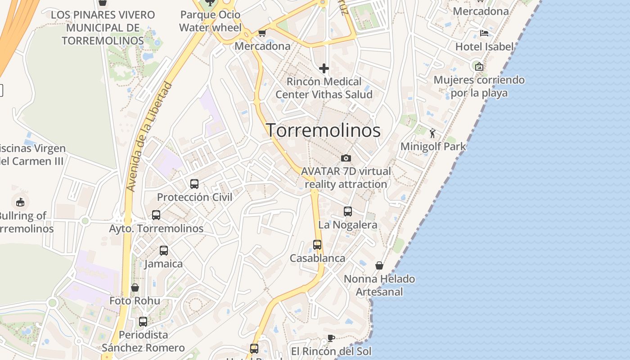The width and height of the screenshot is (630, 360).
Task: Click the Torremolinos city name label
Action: pos(324,130)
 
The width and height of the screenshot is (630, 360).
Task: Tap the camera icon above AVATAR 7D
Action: pos(346,158)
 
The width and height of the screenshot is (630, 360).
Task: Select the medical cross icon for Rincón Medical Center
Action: pos(324,68)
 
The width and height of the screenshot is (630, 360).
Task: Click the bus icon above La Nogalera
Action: pos(347,211)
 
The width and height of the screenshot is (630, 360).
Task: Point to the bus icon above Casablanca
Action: pos(317,245)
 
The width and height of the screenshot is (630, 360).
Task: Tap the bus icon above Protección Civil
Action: pos(194,184)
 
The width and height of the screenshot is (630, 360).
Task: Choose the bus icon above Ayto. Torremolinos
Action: pos(156,215)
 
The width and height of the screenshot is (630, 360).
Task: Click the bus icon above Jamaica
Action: pos(164,251)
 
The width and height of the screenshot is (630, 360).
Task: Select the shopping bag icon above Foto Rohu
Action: pos(135,288)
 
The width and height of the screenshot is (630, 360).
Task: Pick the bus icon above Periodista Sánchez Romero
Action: pos(143,322)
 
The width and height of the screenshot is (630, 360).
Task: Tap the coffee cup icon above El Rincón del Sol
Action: pos(331,338)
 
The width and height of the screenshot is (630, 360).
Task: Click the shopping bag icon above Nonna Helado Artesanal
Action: pos(379,265)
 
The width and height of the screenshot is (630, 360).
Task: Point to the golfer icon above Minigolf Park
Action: pos(432,133)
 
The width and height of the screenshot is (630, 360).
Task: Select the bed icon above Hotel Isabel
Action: pos(484,33)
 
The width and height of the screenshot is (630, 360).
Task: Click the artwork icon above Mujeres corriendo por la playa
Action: pos(479,67)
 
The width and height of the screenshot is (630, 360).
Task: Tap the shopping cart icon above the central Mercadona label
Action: pos(262,33)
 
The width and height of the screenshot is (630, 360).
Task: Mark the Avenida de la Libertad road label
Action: pos(150,136)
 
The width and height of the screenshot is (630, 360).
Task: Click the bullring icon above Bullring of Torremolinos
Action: pos(20,202)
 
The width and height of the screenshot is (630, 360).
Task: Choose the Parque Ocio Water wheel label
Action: pos(210,21)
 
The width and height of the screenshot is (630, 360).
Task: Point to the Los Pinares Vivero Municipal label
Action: pos(103,27)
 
